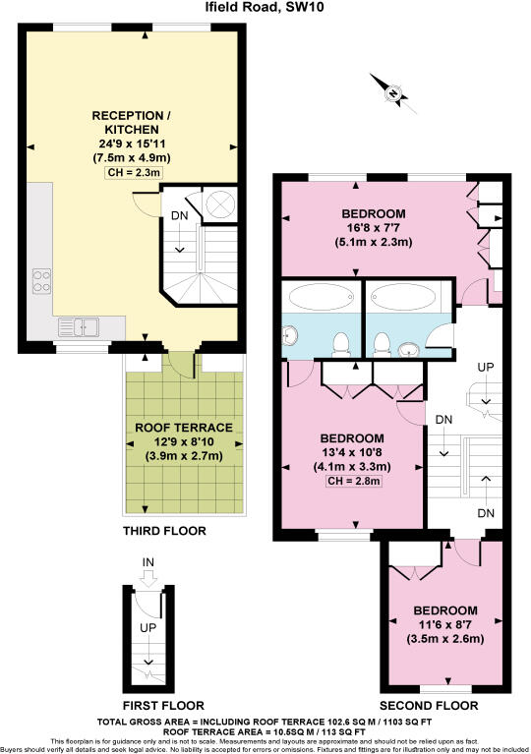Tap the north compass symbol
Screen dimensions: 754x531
(394, 94)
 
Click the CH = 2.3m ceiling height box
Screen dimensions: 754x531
(132, 173)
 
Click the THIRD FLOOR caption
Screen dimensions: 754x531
(165, 531)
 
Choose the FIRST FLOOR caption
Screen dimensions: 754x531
(164, 705)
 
